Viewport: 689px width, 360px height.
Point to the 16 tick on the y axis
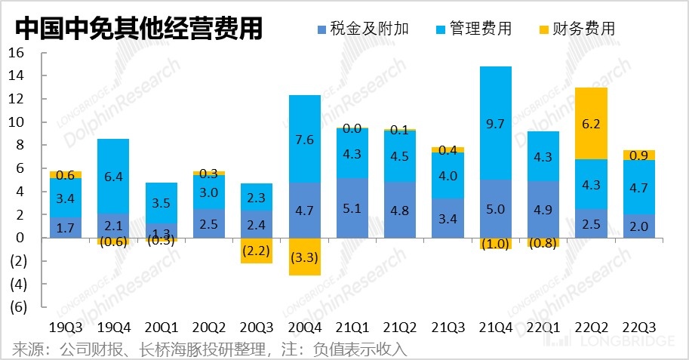point(17,53)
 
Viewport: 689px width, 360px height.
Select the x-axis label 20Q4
point(304,328)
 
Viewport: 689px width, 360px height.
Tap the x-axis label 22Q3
point(638,328)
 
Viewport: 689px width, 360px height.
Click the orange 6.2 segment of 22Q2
point(591,123)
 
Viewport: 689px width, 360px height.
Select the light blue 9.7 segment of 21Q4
point(496,123)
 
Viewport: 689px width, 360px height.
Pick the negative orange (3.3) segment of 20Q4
point(304,257)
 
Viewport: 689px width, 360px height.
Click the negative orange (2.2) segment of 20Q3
point(257,251)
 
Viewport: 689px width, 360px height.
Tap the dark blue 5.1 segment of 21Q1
point(352,208)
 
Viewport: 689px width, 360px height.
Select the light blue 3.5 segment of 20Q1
point(161,202)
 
